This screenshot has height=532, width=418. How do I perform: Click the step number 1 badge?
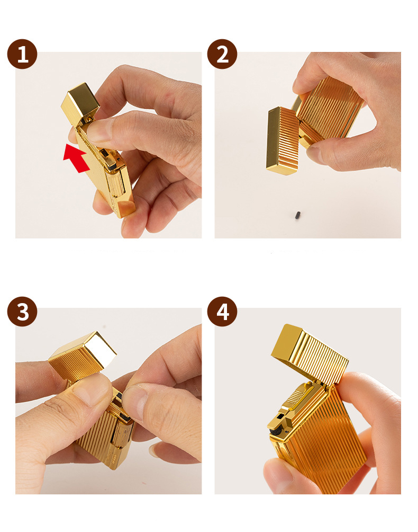[x=22, y=54]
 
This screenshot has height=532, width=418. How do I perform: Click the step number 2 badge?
[x=222, y=54]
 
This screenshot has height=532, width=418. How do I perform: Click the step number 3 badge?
[x=22, y=312]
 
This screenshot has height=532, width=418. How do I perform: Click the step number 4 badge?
[x=222, y=312]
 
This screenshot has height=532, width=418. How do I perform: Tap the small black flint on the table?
[x=298, y=215]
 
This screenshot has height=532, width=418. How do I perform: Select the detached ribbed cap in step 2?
[x=282, y=140]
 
